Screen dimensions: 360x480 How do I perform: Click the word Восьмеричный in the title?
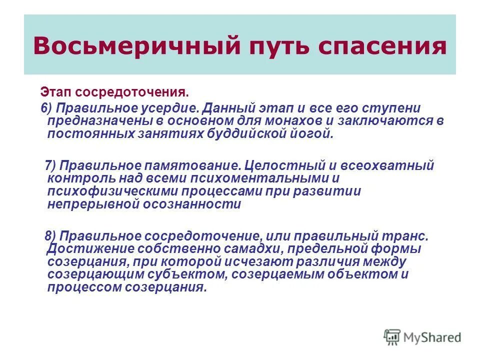117,45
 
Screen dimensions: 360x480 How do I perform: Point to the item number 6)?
48,108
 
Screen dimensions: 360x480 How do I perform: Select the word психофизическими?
109,191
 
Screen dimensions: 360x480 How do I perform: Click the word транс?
408,235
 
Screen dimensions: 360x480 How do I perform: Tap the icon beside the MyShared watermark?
392,337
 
